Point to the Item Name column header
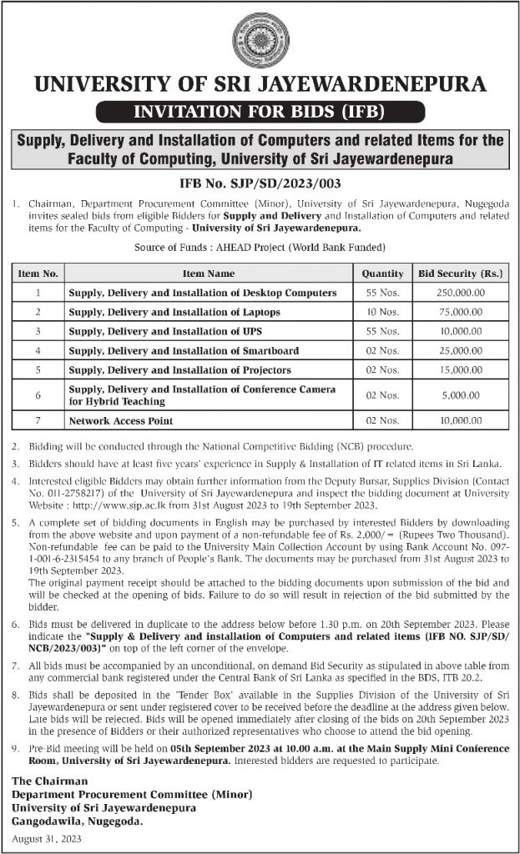coord(209,273)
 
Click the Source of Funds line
coord(260,248)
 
